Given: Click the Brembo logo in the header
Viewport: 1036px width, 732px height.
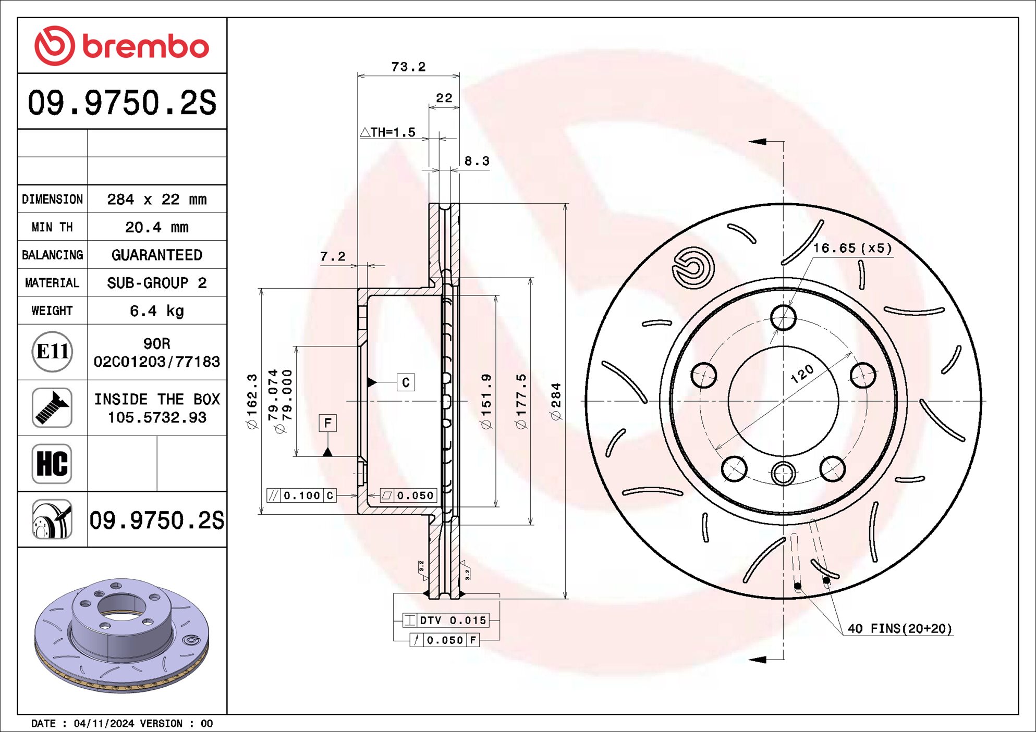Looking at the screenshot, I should (x=121, y=46).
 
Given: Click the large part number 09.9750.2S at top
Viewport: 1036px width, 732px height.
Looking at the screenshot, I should (x=121, y=103).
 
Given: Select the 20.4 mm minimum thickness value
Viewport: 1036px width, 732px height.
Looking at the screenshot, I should (x=156, y=227).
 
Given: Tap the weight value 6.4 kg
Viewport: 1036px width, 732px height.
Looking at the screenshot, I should (x=156, y=311).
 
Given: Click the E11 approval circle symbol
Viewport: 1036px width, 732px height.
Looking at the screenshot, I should (x=52, y=352).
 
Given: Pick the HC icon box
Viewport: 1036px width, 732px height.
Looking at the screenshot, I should (x=52, y=463).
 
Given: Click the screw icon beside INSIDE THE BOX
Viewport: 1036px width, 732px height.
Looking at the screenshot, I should (x=52, y=407).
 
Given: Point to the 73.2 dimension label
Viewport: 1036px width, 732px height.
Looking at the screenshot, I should (x=408, y=67).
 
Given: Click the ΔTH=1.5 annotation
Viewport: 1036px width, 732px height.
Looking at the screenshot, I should (x=388, y=132).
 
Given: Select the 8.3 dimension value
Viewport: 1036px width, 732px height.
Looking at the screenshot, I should (x=477, y=162).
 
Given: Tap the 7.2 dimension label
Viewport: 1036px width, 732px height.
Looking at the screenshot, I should (x=333, y=256).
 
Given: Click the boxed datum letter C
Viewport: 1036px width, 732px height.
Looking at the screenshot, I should (x=406, y=382).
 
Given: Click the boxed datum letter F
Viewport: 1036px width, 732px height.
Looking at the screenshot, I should (x=327, y=423).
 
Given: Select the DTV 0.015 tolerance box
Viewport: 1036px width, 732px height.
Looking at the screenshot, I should (x=446, y=620).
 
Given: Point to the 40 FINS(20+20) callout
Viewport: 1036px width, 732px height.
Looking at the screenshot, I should (x=899, y=629).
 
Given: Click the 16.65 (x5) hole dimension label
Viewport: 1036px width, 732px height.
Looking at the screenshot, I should (x=852, y=248).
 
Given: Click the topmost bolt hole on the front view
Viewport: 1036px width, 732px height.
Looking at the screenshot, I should (x=783, y=317).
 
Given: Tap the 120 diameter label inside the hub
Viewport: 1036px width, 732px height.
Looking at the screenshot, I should (x=802, y=374).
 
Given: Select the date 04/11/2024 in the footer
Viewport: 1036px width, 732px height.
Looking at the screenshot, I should (x=104, y=723).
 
